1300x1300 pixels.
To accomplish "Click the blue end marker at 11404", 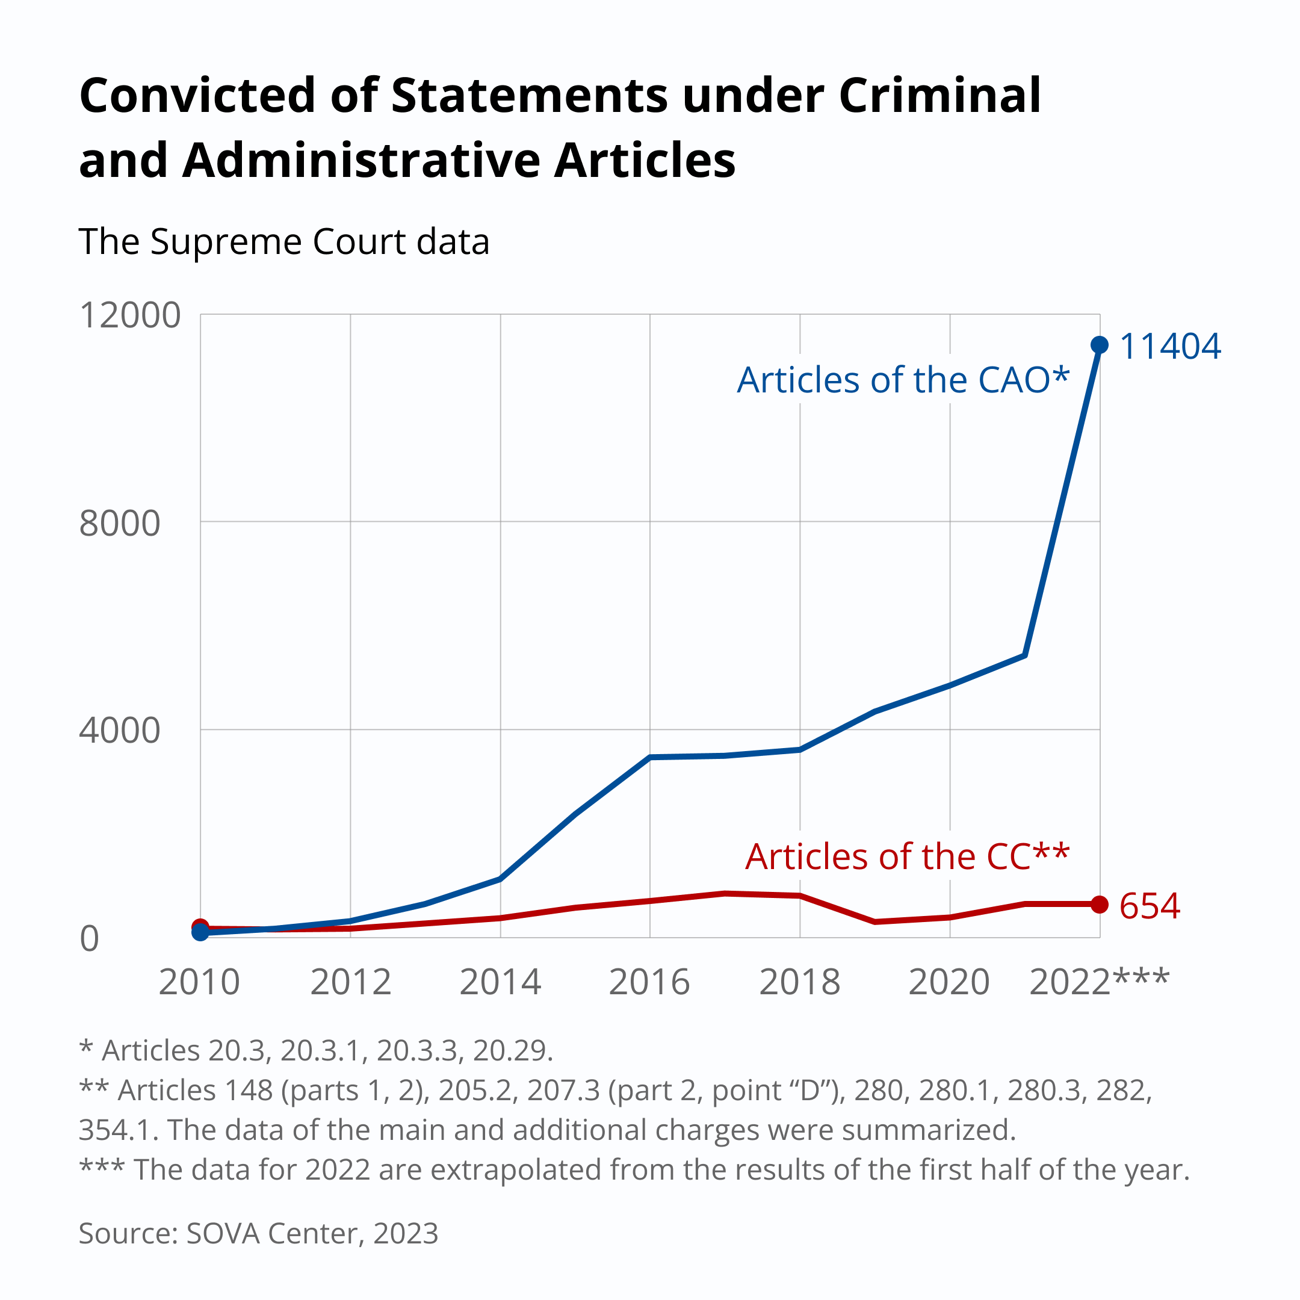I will [x=1100, y=345].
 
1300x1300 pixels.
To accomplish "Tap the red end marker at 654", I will [x=1100, y=905].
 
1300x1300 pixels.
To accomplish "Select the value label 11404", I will [x=1169, y=347].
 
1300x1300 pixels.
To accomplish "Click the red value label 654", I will [x=1150, y=906].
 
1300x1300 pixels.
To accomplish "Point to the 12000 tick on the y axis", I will [x=130, y=315].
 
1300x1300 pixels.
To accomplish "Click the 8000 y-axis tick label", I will [x=120, y=524].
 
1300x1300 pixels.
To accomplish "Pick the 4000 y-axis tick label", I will [x=120, y=730].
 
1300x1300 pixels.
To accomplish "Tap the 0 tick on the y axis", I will [x=90, y=939].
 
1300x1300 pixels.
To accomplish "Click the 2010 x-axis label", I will [x=199, y=982].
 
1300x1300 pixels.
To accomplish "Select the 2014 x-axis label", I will [x=500, y=982].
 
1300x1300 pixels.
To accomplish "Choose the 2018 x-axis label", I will [x=799, y=982].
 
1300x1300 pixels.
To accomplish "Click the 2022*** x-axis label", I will [x=1099, y=982].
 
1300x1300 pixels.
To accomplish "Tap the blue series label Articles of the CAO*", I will [x=903, y=380].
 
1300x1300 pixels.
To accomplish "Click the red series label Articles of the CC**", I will [x=907, y=856].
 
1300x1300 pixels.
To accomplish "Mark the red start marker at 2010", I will [x=200, y=927].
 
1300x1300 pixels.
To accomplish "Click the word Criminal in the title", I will [x=939, y=96].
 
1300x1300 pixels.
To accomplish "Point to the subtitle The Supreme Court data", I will [x=284, y=241].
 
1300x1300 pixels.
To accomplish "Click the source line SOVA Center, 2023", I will [x=258, y=1233].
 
